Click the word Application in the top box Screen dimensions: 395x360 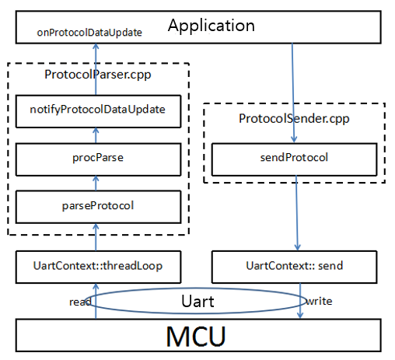211,26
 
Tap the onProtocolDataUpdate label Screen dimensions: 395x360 89,33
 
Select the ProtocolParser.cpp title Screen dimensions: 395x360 98,75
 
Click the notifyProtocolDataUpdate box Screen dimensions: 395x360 98,111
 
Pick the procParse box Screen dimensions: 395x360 98,159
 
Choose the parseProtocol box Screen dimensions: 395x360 98,207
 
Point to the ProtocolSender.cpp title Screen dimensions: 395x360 294,119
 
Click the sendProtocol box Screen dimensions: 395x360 294,159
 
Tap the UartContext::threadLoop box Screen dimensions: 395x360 98,267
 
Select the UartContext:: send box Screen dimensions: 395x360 294,267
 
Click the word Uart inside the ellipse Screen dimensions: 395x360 197,301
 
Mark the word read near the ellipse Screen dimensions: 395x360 80,302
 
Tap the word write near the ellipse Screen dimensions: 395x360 319,301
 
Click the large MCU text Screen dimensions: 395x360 196,336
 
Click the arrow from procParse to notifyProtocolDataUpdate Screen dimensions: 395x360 96,135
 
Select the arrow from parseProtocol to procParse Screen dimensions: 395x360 96,183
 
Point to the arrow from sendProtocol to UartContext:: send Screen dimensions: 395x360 297,213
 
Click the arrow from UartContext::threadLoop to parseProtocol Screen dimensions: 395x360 96,237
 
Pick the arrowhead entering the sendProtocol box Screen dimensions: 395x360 294,139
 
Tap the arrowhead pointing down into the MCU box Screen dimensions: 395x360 300,316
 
